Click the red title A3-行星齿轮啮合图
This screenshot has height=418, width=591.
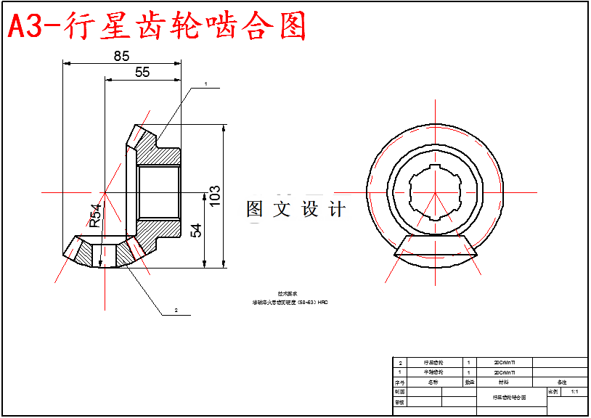[x=156, y=28]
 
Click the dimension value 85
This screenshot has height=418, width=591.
[x=122, y=56]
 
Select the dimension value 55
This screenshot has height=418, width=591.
[x=142, y=72]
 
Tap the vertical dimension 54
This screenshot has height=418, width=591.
[x=196, y=230]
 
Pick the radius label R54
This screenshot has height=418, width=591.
[x=95, y=216]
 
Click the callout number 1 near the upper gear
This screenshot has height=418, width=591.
[x=205, y=84]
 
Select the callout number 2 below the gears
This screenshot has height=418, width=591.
[x=176, y=310]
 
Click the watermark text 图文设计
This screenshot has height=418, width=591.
[x=296, y=210]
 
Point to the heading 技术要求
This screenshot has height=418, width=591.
[x=288, y=294]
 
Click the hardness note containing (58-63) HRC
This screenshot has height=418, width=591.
[x=290, y=302]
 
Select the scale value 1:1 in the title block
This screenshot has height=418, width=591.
[x=574, y=391]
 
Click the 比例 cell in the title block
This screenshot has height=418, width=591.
[x=553, y=391]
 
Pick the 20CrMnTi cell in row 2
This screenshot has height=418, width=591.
[x=505, y=361]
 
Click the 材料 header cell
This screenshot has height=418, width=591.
[x=505, y=381]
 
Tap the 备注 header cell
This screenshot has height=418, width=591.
[x=561, y=381]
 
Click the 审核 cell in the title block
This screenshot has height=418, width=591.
[x=399, y=401]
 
